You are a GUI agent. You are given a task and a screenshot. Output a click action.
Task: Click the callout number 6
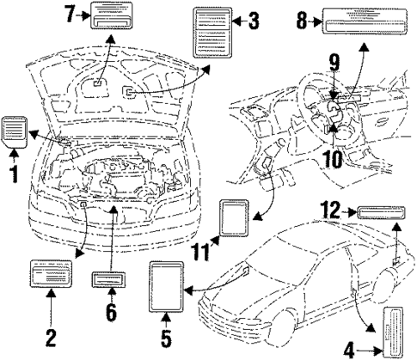point(110,312)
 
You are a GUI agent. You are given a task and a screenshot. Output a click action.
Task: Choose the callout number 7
point(71,13)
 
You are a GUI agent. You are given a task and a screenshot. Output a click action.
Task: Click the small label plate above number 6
point(110,281)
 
